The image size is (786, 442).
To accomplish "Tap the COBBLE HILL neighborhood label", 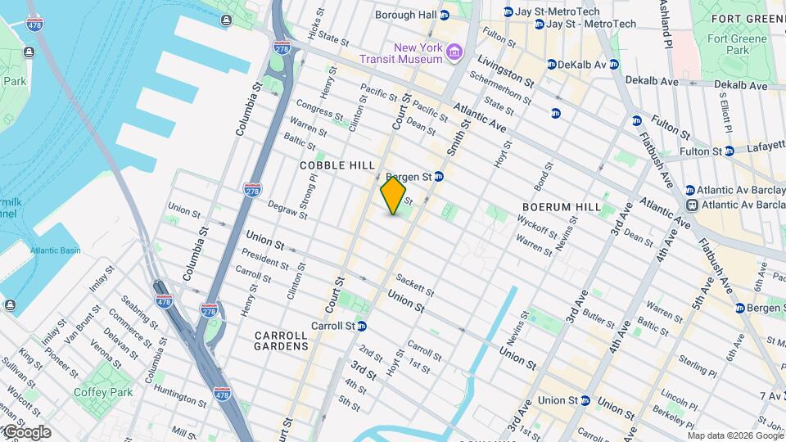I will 337,165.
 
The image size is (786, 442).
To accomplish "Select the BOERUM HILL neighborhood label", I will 562,207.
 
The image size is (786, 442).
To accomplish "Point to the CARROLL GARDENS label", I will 282,341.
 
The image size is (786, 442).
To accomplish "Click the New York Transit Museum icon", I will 454,54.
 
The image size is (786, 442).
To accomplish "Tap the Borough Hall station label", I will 405,15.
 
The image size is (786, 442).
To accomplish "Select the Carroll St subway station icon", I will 361,326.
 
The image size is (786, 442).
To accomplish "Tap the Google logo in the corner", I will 26,431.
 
